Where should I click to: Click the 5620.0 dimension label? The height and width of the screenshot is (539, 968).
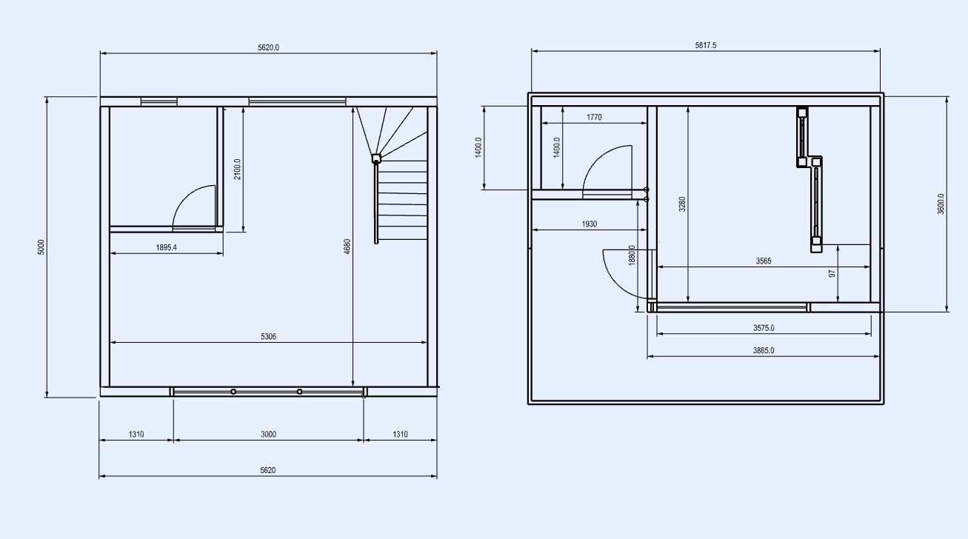[x=268, y=47]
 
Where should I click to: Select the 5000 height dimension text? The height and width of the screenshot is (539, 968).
[x=41, y=247]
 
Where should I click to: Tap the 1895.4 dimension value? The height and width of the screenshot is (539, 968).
[x=167, y=247]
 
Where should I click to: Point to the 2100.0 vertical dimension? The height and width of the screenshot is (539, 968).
[x=237, y=170]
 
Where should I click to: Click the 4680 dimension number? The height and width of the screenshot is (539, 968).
[x=347, y=246]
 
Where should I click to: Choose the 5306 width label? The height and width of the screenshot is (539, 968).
[x=268, y=336]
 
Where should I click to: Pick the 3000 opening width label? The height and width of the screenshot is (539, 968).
[x=268, y=434]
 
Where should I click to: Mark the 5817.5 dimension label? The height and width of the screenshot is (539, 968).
[x=706, y=45]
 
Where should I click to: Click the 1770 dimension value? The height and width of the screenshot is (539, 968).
[x=594, y=117]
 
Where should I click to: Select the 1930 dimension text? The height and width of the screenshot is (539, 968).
[x=590, y=224]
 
